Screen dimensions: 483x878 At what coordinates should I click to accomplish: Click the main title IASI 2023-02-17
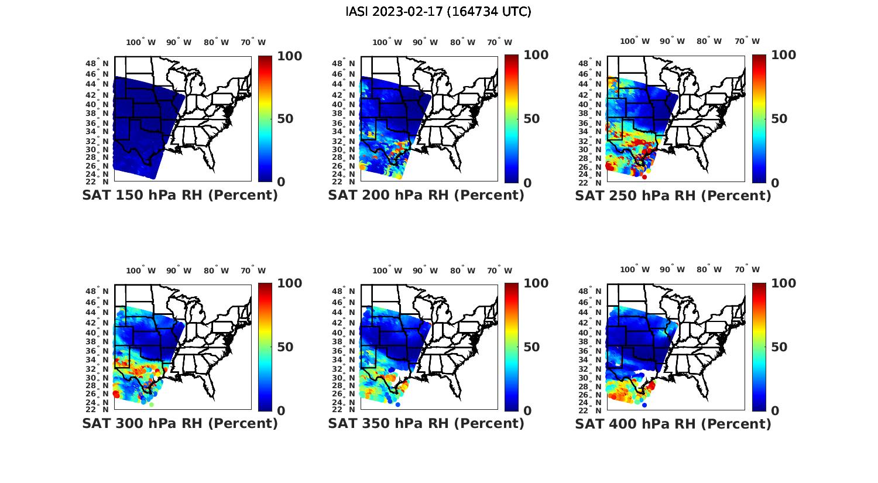coord(438,12)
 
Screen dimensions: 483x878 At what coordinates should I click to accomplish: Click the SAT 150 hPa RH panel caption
coord(180,196)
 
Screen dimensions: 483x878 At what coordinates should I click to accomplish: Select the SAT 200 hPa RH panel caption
coord(426,196)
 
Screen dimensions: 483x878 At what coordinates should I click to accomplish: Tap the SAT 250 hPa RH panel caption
coord(673,196)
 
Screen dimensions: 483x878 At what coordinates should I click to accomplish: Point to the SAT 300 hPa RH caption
coord(180,423)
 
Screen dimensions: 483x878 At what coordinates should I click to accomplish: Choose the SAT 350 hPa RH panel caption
coord(426,423)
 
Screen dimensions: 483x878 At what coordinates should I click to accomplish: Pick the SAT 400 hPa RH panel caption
coord(673,423)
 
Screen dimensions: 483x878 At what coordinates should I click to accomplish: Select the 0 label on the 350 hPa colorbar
coord(527,411)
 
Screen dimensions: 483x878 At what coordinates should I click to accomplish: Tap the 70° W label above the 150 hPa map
coord(253,42)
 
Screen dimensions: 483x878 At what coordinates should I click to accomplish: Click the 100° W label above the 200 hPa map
coord(387,42)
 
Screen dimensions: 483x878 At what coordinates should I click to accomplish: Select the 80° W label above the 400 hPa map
coord(709,270)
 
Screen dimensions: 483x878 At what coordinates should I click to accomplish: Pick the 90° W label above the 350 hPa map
coord(425,270)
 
